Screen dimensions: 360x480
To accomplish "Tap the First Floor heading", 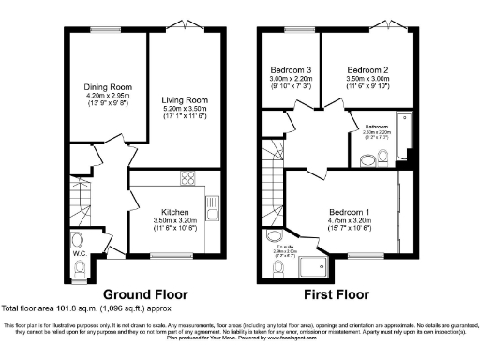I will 340,292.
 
